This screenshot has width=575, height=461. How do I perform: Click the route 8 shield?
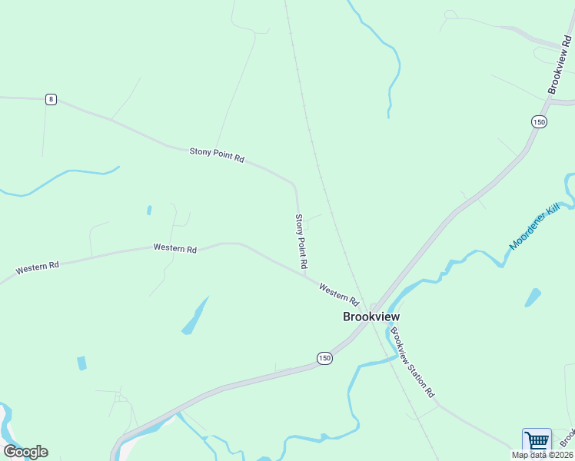(x=51, y=99)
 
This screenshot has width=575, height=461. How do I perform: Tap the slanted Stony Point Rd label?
(x=217, y=154)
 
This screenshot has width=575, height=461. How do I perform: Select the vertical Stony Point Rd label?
(x=301, y=240)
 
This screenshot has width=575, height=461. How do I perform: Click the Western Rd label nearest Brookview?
(x=339, y=293)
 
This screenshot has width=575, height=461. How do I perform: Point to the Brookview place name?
(x=371, y=316)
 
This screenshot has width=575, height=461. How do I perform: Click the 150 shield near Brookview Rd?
(x=538, y=121)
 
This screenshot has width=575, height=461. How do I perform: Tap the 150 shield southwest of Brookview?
(x=324, y=358)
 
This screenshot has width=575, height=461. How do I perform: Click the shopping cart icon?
(x=537, y=441)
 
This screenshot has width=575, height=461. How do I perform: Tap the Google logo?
(x=25, y=452)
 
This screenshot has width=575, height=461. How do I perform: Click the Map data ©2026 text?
(x=543, y=455)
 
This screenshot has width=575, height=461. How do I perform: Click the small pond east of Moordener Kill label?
(x=532, y=297)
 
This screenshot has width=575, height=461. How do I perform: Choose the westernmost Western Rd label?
(x=38, y=268)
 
